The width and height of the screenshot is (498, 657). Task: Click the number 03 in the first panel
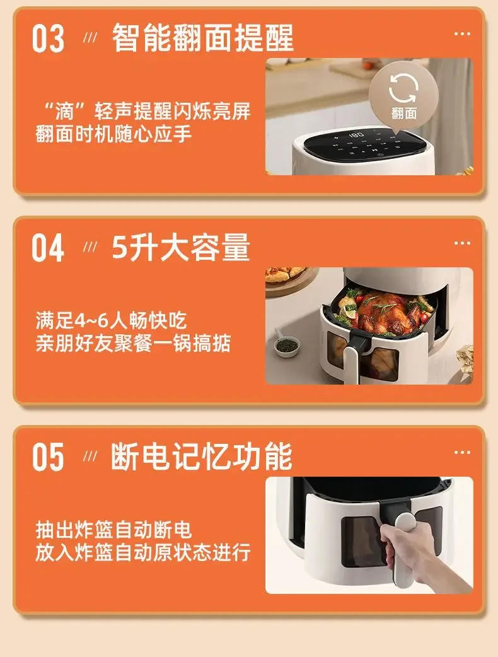[x=49, y=39]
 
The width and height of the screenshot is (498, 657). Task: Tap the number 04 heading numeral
[x=49, y=248]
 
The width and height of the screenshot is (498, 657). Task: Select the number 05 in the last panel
[x=49, y=457]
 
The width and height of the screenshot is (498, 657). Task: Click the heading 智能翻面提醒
[x=202, y=38]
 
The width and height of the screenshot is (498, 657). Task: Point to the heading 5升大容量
[x=180, y=248]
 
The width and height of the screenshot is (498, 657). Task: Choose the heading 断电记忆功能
[x=201, y=456]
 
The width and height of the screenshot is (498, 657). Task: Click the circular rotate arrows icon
[x=404, y=88]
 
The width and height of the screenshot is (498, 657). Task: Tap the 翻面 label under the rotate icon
[x=404, y=113]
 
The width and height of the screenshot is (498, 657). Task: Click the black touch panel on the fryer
[x=363, y=144]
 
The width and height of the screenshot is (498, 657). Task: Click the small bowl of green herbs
[x=287, y=345]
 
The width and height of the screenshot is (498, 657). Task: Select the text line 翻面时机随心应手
[x=113, y=134]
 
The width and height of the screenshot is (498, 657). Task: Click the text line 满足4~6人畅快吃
[x=112, y=321]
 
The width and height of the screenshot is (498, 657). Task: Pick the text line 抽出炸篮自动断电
[x=113, y=530]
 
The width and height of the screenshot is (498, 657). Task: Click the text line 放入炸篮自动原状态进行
[x=143, y=552]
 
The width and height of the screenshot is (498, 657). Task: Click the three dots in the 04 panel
[x=462, y=243]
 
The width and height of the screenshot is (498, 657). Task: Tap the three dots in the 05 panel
[x=462, y=451]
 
